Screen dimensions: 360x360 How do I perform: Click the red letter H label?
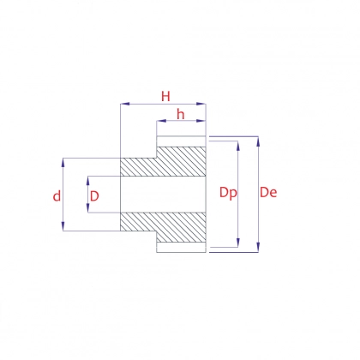(x=165, y=96)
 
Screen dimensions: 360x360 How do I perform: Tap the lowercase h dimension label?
(x=181, y=114)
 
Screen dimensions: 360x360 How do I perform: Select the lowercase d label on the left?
(x=57, y=196)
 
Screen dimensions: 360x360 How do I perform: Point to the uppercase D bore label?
(x=94, y=196)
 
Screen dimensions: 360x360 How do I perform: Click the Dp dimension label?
(x=228, y=193)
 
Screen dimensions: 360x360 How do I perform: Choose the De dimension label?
(x=268, y=193)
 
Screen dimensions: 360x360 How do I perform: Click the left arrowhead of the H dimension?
(x=125, y=104)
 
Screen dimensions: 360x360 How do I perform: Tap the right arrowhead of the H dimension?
(x=201, y=104)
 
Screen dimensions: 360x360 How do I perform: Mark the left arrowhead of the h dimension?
(x=161, y=121)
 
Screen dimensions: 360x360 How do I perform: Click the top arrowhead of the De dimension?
(x=258, y=141)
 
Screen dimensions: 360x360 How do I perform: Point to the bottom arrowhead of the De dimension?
(x=258, y=248)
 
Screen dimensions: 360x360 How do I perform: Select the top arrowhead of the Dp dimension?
(x=238, y=146)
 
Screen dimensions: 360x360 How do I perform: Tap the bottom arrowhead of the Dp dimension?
(x=238, y=243)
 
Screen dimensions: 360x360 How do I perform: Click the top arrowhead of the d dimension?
(x=63, y=163)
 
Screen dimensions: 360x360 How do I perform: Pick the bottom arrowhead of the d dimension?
(x=63, y=225)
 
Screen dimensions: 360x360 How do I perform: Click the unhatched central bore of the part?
(x=163, y=195)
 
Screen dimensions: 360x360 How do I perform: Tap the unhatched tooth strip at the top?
(x=181, y=141)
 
